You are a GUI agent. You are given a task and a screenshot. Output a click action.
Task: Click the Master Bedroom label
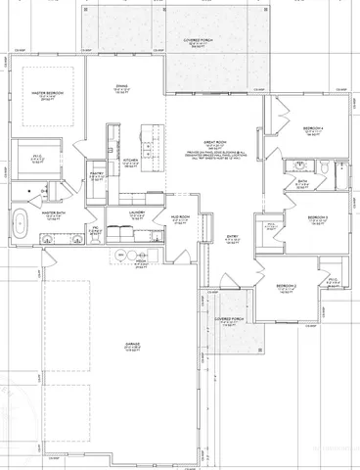(46, 95)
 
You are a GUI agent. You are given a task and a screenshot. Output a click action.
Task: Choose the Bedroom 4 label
(313, 128)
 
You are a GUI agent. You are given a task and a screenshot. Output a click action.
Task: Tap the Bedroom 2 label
(285, 285)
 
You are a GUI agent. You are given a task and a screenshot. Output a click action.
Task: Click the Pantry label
(96, 174)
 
